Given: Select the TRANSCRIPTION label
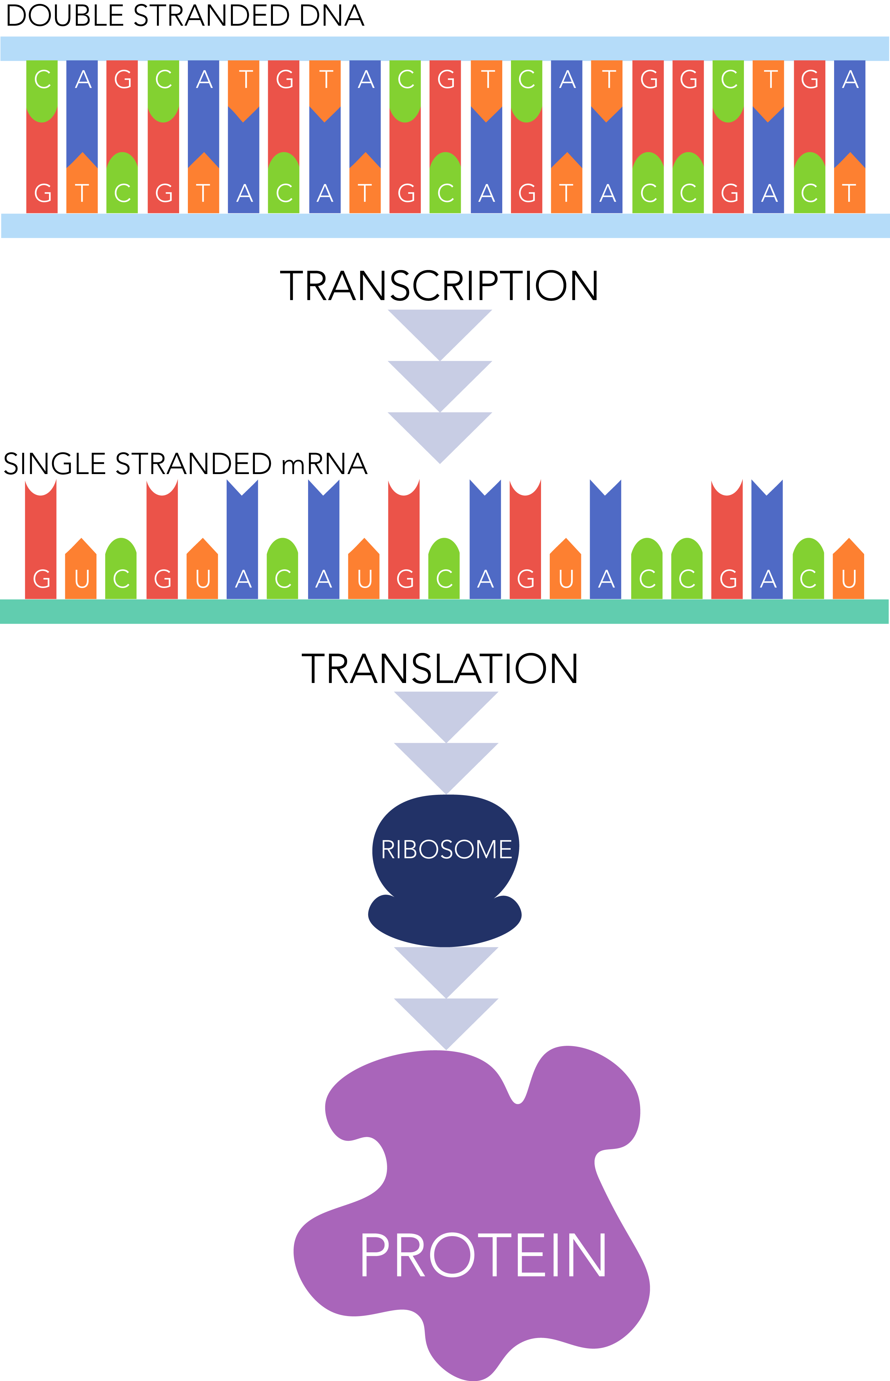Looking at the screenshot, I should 439,286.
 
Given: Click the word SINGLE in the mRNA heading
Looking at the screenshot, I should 55,464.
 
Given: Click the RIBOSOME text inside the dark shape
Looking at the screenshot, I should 446,850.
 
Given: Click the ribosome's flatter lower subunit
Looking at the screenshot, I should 445,922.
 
